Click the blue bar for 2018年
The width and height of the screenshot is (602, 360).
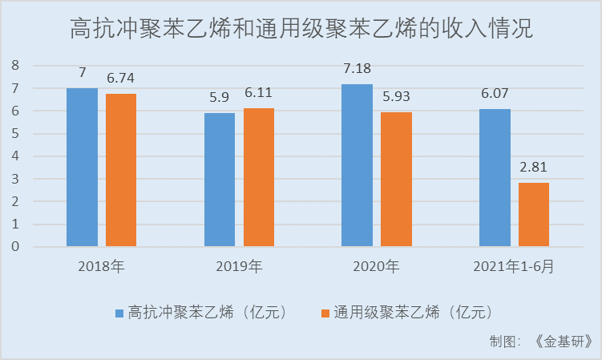coord(82,167)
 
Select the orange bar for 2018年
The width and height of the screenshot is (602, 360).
coord(121,170)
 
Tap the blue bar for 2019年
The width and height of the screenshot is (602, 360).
coord(220,180)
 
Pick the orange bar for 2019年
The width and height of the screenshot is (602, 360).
coord(259,177)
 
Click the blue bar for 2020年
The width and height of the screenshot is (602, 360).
coord(357,165)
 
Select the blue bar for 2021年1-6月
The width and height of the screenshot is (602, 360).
coord(495,177)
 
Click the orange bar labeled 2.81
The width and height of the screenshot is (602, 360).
coord(534,214)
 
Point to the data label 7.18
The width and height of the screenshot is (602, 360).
coord(357,68)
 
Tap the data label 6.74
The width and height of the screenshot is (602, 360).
coord(121,79)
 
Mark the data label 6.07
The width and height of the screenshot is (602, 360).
coord(495,93)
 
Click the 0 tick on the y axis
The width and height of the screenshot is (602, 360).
coord(14,246)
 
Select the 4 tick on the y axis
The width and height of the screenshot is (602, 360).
coord(14,156)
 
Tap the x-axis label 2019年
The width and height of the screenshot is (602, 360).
coord(239,265)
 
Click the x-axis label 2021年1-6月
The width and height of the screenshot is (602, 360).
coord(514,265)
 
